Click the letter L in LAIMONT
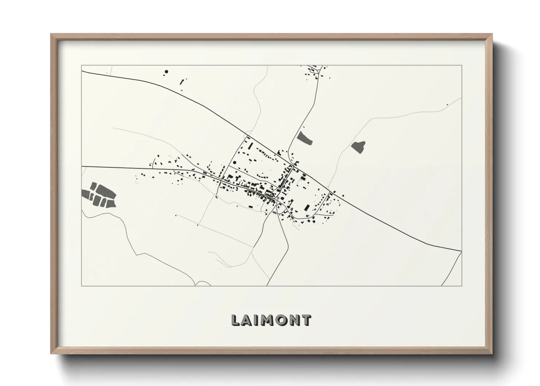click(x=236, y=320)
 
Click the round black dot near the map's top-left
click(x=166, y=72)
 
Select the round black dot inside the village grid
click(x=235, y=163)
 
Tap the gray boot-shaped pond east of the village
click(x=359, y=147)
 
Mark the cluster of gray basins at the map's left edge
click(x=99, y=195)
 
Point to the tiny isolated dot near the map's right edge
click(x=447, y=105)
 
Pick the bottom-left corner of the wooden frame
click(x=51, y=354)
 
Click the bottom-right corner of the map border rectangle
click(x=462, y=286)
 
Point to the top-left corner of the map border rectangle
click(x=81, y=65)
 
